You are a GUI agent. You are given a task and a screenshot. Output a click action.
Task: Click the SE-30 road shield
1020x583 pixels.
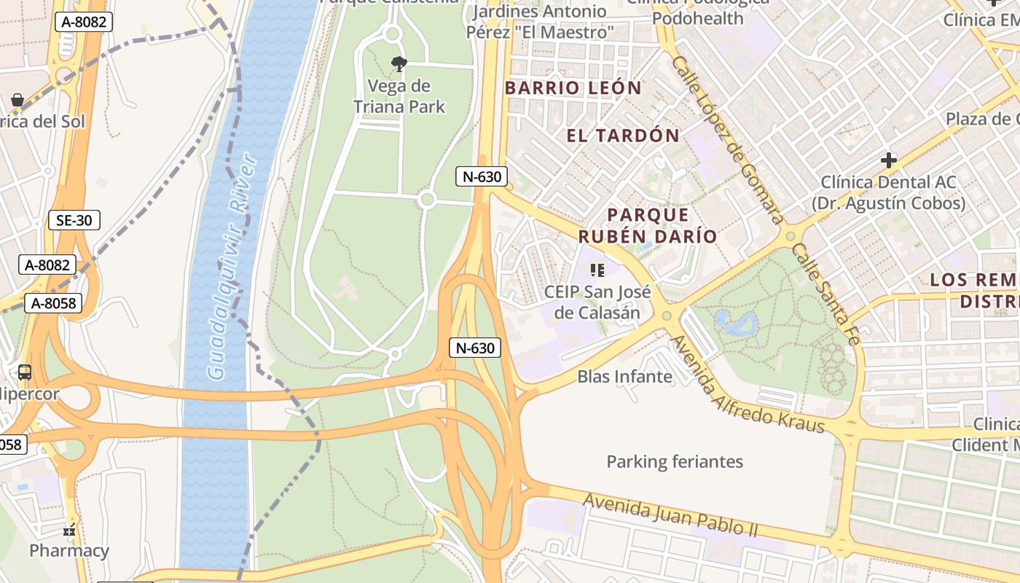pyautogui.click(x=74, y=220)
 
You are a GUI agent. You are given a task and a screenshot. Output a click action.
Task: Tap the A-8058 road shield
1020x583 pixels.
pyautogui.click(x=53, y=303)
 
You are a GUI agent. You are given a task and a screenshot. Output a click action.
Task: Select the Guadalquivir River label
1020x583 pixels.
pyautogui.click(x=232, y=267)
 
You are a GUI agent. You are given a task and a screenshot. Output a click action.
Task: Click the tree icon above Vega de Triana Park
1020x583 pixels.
pyautogui.click(x=399, y=64)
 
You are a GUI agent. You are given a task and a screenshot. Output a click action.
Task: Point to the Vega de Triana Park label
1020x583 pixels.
pyautogui.click(x=399, y=96)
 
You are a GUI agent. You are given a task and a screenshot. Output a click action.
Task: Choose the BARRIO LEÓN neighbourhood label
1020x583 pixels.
pyautogui.click(x=573, y=88)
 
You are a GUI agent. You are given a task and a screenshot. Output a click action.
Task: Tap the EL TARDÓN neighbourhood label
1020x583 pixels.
pyautogui.click(x=623, y=136)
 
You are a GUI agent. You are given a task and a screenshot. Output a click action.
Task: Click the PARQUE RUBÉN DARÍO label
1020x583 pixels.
pyautogui.click(x=648, y=225)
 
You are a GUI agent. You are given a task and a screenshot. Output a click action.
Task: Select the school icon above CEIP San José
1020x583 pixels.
pyautogui.click(x=597, y=271)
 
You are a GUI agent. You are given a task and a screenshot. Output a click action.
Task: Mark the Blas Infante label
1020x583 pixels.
pyautogui.click(x=624, y=377)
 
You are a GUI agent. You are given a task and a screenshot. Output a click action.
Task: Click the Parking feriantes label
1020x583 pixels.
pyautogui.click(x=675, y=461)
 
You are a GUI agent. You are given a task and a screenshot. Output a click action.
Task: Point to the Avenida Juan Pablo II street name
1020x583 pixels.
pyautogui.click(x=670, y=514)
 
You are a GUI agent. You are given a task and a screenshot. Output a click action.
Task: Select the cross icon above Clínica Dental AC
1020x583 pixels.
pyautogui.click(x=888, y=160)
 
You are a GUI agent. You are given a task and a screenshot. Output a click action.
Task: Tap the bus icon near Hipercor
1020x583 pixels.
pyautogui.click(x=25, y=372)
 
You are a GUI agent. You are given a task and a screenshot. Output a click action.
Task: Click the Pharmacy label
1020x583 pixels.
pyautogui.click(x=69, y=551)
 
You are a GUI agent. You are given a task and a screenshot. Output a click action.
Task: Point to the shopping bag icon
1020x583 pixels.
pyautogui.click(x=17, y=100)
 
